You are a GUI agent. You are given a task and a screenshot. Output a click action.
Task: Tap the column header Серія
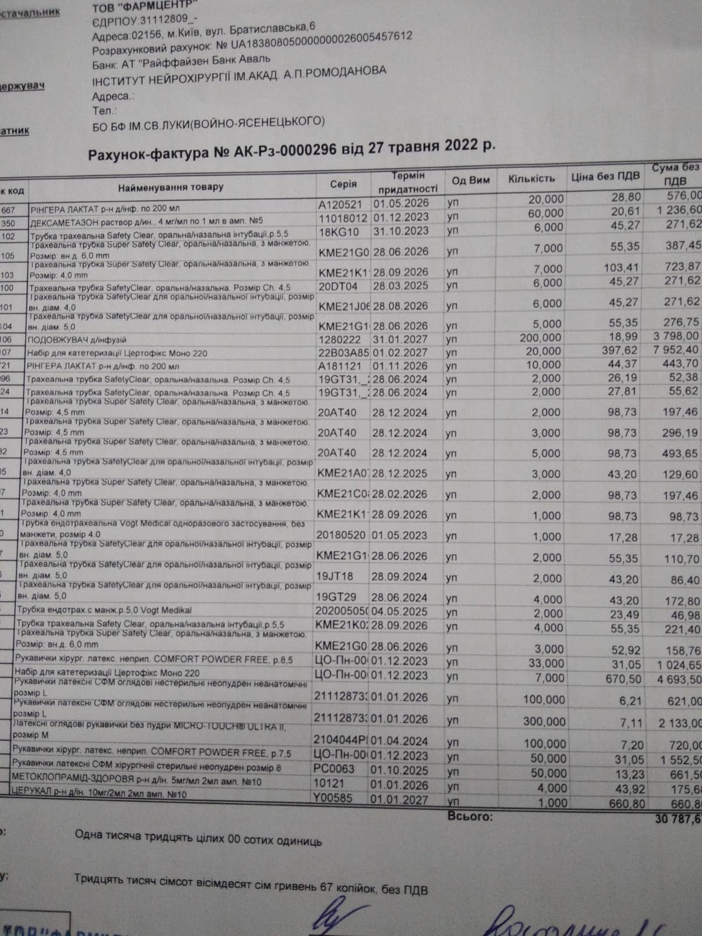point(343,184)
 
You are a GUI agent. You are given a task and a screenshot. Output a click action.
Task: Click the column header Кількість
point(531,178)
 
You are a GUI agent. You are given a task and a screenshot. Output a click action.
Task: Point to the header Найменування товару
point(171,188)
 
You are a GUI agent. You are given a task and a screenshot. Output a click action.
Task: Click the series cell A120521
point(340,205)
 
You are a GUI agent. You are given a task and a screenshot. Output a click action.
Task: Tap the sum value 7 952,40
point(677,350)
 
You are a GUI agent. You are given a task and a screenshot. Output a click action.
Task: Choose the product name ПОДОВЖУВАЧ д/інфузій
point(77,340)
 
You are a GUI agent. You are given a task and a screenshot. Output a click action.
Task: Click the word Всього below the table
point(470,816)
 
